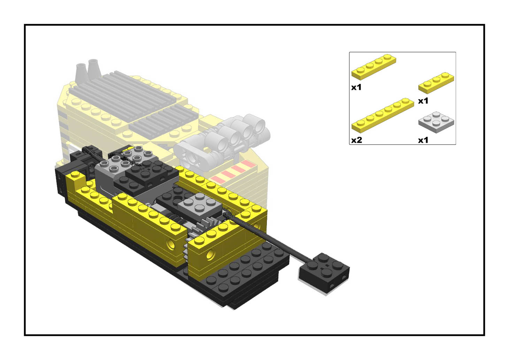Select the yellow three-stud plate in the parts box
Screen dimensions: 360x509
coord(436,83)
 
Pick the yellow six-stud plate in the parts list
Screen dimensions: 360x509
coord(383,115)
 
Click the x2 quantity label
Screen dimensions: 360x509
coord(356,140)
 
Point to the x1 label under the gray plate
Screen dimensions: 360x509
coord(423,140)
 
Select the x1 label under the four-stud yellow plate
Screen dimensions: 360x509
coord(356,87)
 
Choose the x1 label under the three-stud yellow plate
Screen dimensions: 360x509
coord(423,101)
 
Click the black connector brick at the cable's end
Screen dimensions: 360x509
coord(324,272)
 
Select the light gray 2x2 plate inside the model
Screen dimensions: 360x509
coord(199,205)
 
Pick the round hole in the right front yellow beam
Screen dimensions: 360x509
coord(210,255)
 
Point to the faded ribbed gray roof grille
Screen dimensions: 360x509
coord(132,101)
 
